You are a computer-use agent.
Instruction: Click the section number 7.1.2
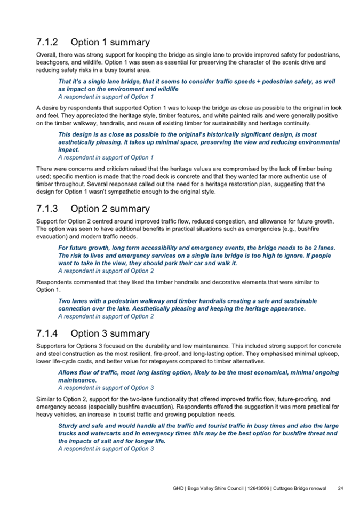click(x=46, y=42)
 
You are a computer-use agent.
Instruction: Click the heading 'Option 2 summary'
click(x=110, y=209)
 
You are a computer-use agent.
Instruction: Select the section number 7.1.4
click(x=46, y=333)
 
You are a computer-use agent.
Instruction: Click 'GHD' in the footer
click(x=179, y=488)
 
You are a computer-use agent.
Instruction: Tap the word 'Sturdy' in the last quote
click(x=68, y=426)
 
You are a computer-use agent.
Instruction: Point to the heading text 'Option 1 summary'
click(x=110, y=42)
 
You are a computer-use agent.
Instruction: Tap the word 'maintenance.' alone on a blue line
click(x=77, y=381)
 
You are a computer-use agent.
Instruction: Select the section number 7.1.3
click(x=46, y=209)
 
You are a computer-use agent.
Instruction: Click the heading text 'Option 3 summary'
click(x=110, y=333)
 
